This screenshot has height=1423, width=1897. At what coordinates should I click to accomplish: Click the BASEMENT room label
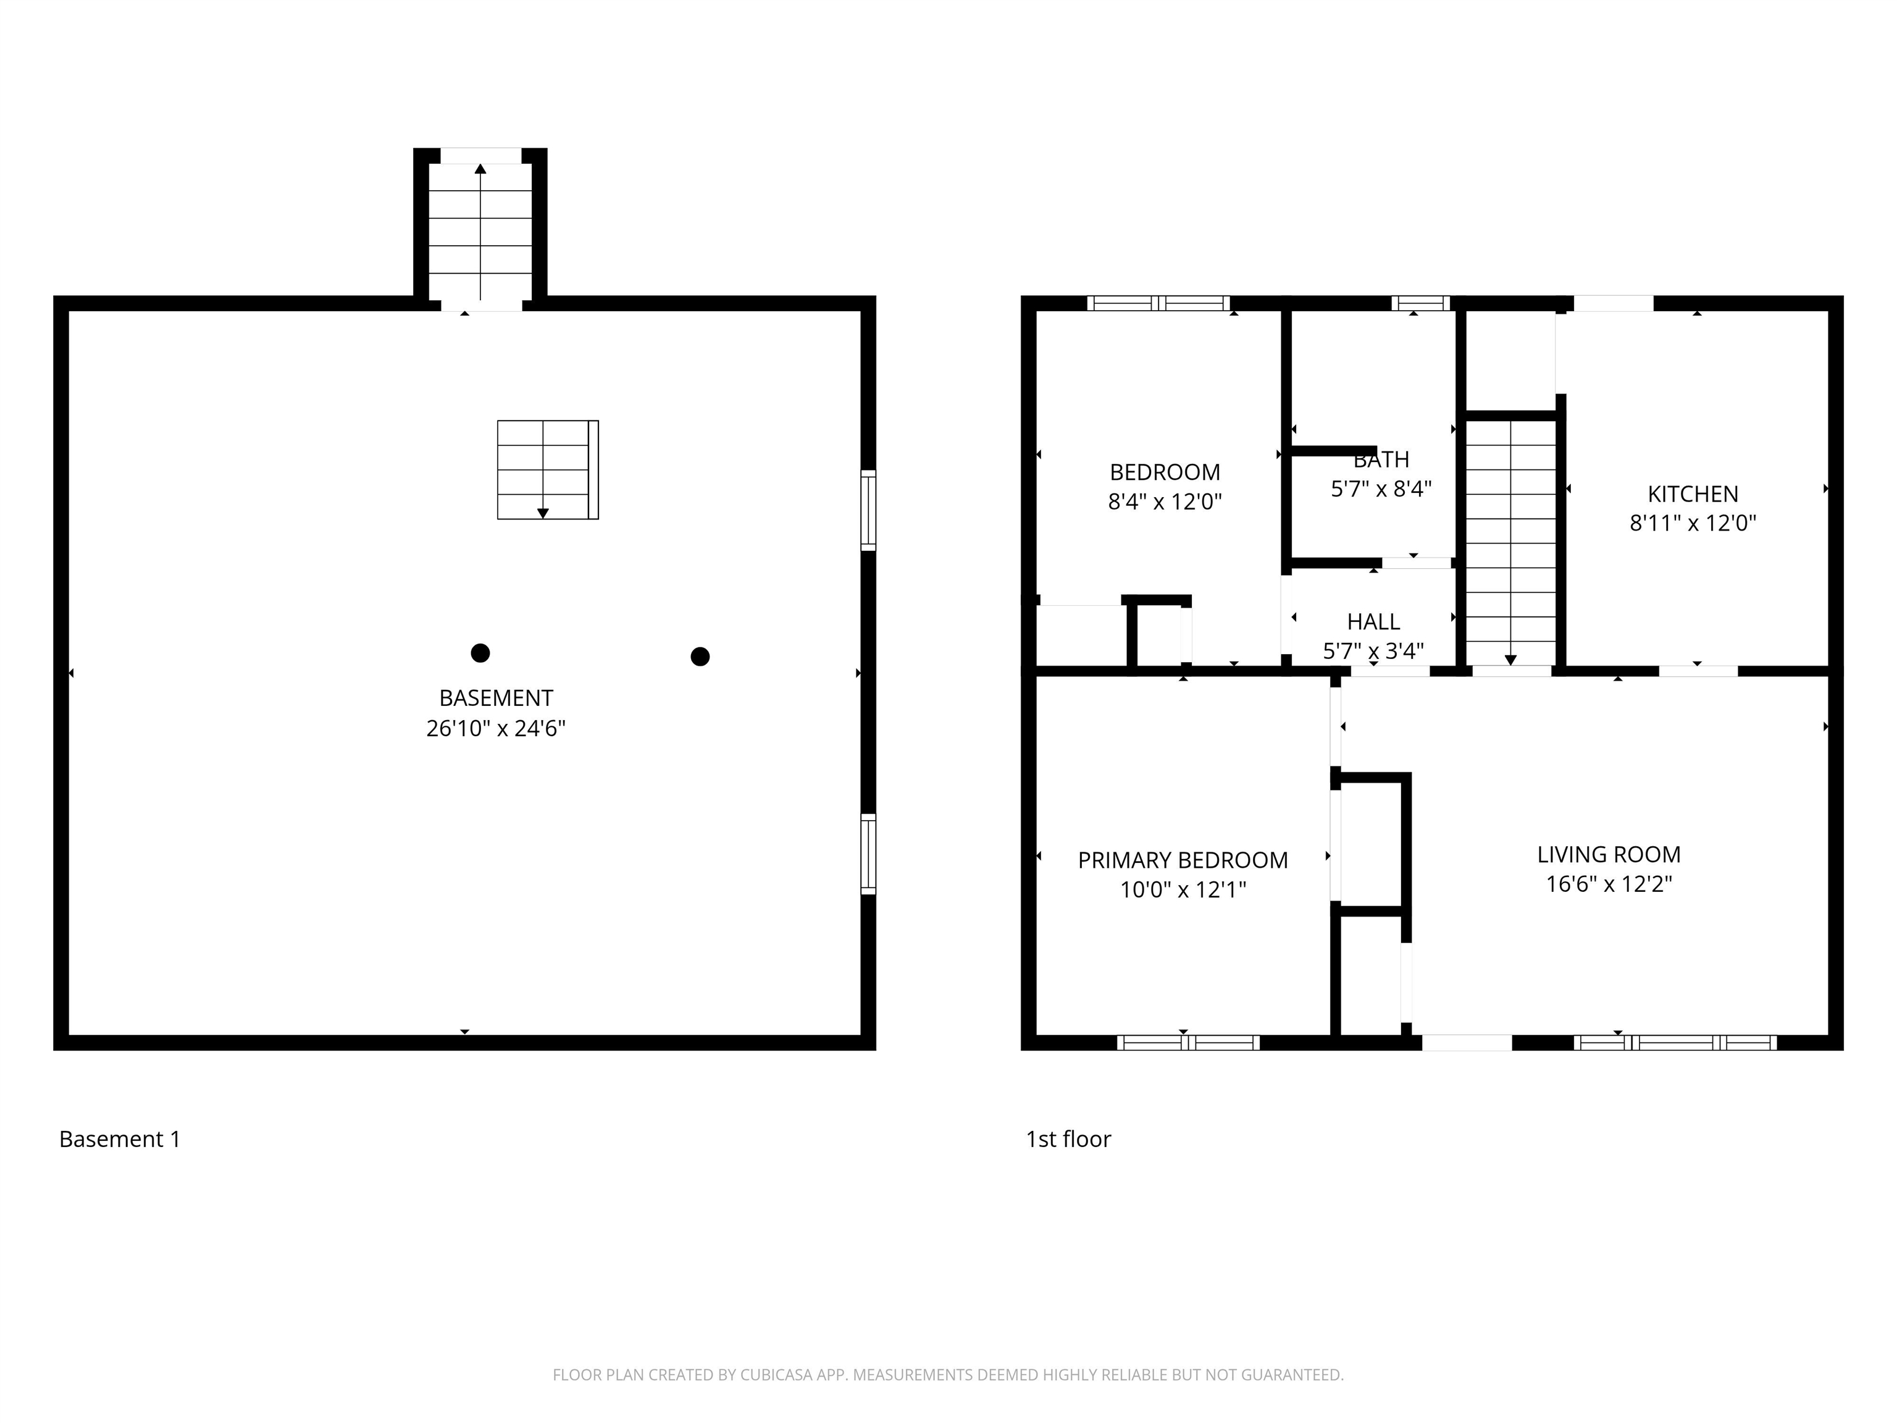pyautogui.click(x=496, y=698)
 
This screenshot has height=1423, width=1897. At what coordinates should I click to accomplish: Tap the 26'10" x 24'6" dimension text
pyautogui.click(x=496, y=728)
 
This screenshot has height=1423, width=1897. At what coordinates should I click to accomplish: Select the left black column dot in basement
pyautogui.click(x=480, y=653)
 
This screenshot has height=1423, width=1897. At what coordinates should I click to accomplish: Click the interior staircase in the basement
pyautogui.click(x=547, y=469)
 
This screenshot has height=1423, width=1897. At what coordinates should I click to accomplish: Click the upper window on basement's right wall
pyautogui.click(x=868, y=510)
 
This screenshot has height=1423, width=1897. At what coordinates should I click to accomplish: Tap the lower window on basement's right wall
pyautogui.click(x=868, y=854)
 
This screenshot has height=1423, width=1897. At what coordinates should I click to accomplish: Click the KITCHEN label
pyautogui.click(x=1693, y=494)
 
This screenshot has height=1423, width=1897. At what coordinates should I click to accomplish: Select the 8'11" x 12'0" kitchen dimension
pyautogui.click(x=1693, y=523)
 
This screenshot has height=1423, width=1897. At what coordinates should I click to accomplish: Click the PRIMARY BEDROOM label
pyautogui.click(x=1183, y=860)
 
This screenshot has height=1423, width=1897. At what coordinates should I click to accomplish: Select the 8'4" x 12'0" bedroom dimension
pyautogui.click(x=1165, y=502)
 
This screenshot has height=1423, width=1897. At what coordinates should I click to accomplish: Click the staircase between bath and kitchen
pyautogui.click(x=1510, y=540)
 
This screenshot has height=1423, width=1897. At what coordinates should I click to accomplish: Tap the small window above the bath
pyautogui.click(x=1420, y=303)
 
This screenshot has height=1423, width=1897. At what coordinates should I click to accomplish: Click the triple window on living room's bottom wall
pyautogui.click(x=1675, y=1043)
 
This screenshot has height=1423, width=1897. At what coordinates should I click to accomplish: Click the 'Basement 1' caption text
pyautogui.click(x=120, y=1139)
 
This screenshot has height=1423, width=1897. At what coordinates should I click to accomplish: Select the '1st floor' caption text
pyautogui.click(x=1068, y=1139)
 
